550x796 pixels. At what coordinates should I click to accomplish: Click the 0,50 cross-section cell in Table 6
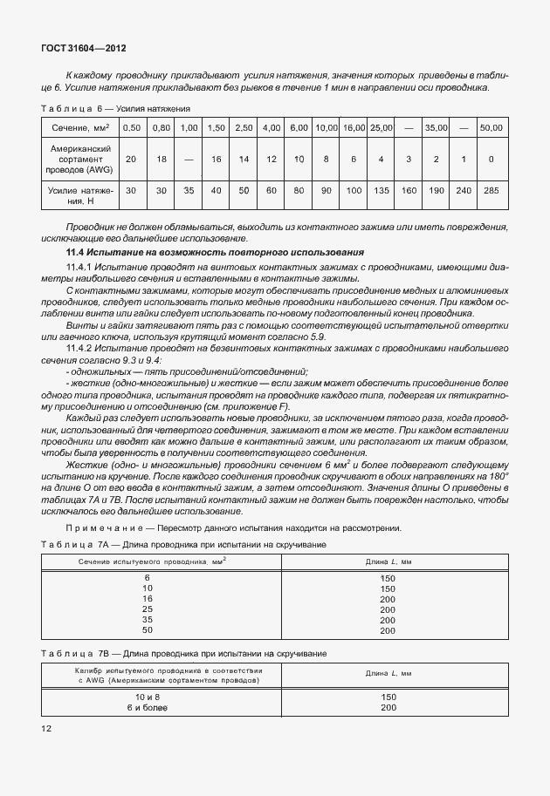click(132, 128)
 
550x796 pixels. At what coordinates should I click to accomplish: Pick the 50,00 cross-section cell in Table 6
click(492, 128)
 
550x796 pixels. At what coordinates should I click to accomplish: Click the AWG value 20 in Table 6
click(132, 160)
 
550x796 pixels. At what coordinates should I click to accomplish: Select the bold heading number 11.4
click(67, 252)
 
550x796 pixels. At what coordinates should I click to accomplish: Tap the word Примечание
click(103, 527)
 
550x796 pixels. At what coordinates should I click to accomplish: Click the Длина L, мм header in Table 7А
click(382, 562)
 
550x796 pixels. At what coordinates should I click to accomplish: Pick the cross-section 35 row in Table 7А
click(147, 619)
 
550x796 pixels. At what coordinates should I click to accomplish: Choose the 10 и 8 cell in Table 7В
click(147, 697)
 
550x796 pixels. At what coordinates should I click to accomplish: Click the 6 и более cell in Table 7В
click(147, 707)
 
